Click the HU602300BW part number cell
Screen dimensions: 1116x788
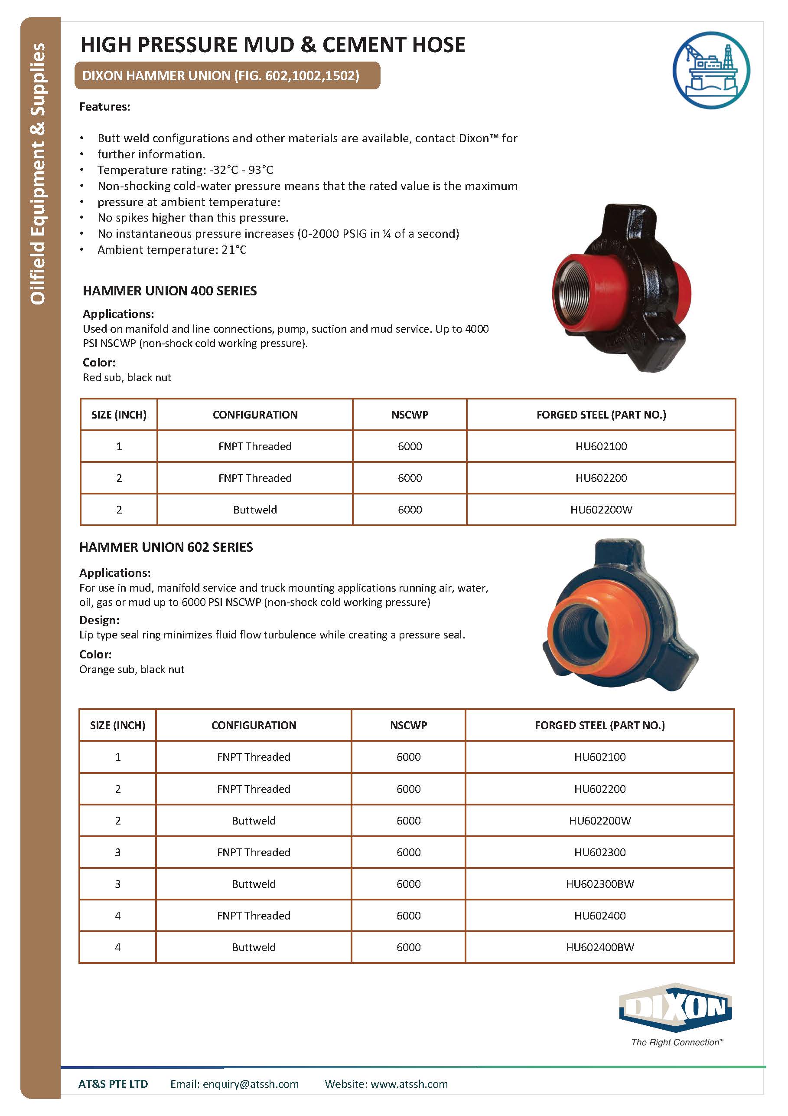pos(599,884)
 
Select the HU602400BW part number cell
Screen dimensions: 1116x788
pos(599,947)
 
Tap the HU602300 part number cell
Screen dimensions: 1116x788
pos(599,852)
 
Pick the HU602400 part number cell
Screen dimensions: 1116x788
pos(599,915)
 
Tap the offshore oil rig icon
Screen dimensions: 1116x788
pos(711,69)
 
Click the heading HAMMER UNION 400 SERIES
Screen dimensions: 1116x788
pos(169,291)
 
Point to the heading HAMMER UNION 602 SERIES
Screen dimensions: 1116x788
pos(166,547)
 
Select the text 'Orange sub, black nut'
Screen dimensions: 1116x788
pos(132,669)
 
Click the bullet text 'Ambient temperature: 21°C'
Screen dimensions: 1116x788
pos(172,250)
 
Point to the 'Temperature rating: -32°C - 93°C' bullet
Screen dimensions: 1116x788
pos(185,170)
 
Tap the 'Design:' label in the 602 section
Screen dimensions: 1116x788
pos(99,620)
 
